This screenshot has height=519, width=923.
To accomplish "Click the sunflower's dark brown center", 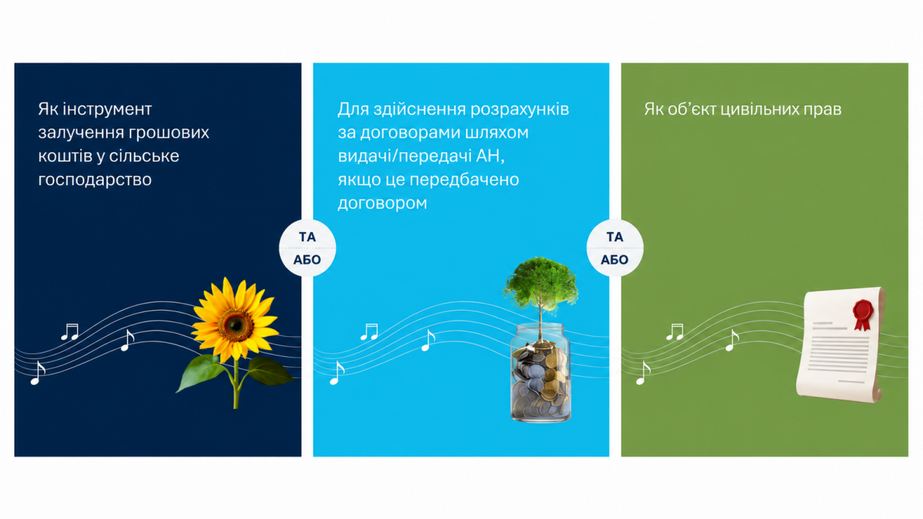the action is click(236, 325).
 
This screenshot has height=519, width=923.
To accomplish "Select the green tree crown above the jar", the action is click(540, 284).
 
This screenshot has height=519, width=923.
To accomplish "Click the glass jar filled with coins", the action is click(540, 373).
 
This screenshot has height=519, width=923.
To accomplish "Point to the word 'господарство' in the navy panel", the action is click(94, 180).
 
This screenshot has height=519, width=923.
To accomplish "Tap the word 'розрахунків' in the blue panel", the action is click(520, 110).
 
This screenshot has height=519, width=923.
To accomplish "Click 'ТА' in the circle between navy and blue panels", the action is click(307, 237).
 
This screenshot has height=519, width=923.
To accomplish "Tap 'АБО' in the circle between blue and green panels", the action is click(614, 260).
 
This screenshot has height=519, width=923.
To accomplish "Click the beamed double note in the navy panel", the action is click(70, 332).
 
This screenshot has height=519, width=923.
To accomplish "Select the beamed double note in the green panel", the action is click(675, 332).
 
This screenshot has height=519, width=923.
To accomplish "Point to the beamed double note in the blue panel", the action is click(369, 332).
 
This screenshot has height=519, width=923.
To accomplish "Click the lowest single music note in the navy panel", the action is click(37, 373).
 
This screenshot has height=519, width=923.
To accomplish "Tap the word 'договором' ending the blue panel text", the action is click(382, 203).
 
